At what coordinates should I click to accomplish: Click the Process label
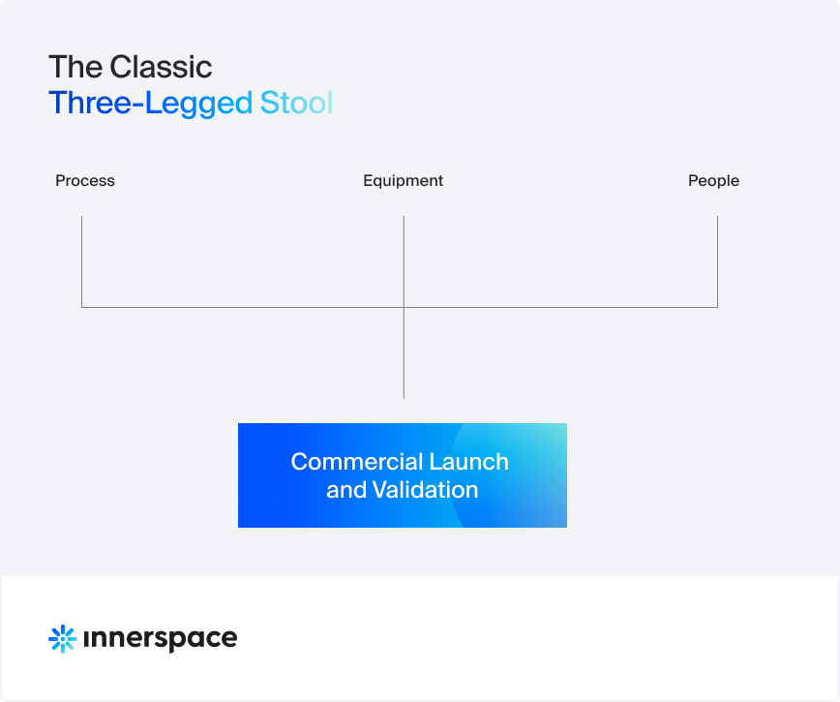(x=84, y=181)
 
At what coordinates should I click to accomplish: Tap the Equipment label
(x=403, y=181)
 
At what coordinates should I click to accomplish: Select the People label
(x=713, y=181)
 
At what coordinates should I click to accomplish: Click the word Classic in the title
(x=161, y=67)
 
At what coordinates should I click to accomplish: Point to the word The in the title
(x=75, y=67)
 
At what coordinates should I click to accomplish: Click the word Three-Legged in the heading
(x=151, y=104)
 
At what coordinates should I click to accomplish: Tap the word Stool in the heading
(x=296, y=103)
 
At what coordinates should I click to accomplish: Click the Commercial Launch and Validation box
(x=403, y=475)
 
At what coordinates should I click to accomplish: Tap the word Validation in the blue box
(x=425, y=490)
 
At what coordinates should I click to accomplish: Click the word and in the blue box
(x=346, y=490)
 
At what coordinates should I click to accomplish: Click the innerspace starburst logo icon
(x=63, y=639)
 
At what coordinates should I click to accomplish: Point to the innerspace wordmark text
(x=161, y=639)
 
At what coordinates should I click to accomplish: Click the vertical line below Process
(x=81, y=261)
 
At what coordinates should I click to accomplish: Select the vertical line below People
(x=717, y=261)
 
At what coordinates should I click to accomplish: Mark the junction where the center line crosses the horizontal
(x=404, y=307)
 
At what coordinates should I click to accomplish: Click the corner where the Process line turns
(x=81, y=307)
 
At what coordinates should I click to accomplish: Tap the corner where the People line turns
(x=717, y=307)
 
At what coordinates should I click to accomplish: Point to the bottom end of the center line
(x=404, y=398)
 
